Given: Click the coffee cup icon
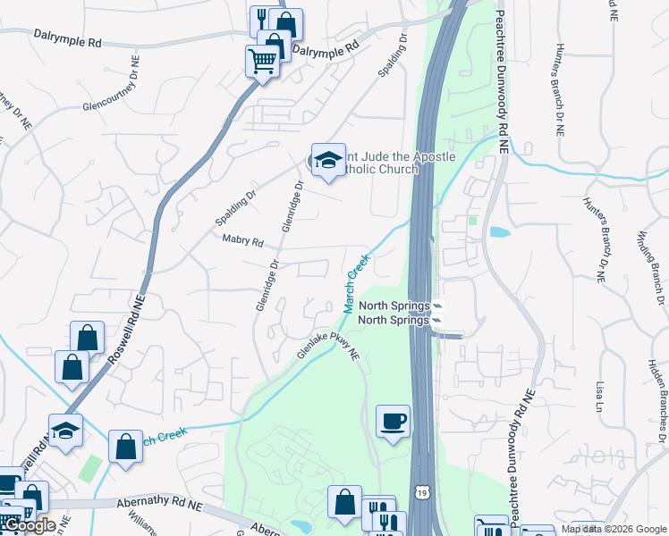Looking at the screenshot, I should [393, 421].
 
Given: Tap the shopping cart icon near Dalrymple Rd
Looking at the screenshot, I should [262, 62].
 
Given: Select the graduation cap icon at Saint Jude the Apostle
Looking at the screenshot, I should [328, 160].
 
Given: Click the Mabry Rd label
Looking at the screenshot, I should [243, 241].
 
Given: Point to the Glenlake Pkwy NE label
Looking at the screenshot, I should [328, 346].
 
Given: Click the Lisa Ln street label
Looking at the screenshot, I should [599, 393].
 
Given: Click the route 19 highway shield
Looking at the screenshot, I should [420, 492].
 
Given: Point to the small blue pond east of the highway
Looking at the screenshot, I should [499, 232].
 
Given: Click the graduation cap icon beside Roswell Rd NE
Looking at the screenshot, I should [65, 431].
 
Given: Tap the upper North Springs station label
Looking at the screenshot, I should [394, 306].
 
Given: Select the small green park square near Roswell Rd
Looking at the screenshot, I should [90, 467].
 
